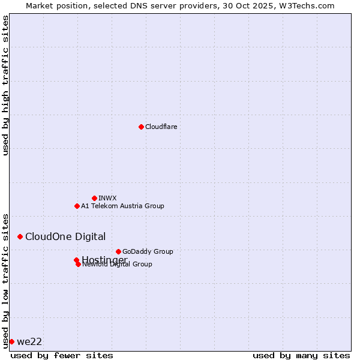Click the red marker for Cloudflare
point(141,127)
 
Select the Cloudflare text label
point(161,127)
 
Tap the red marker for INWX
point(94,198)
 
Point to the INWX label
point(107,198)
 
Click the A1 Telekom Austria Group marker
point(77,206)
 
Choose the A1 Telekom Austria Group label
point(122,206)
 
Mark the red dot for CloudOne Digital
point(20,236)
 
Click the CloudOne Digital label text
point(65,236)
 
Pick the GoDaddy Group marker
point(118,251)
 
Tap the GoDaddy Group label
point(148,251)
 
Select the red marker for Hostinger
point(76,260)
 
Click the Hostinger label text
point(104,259)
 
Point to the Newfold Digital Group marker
point(78,264)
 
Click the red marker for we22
point(11,341)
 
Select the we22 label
point(29,341)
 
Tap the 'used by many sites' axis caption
point(301,355)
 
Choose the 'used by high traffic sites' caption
point(5,86)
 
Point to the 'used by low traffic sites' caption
point(5,280)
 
